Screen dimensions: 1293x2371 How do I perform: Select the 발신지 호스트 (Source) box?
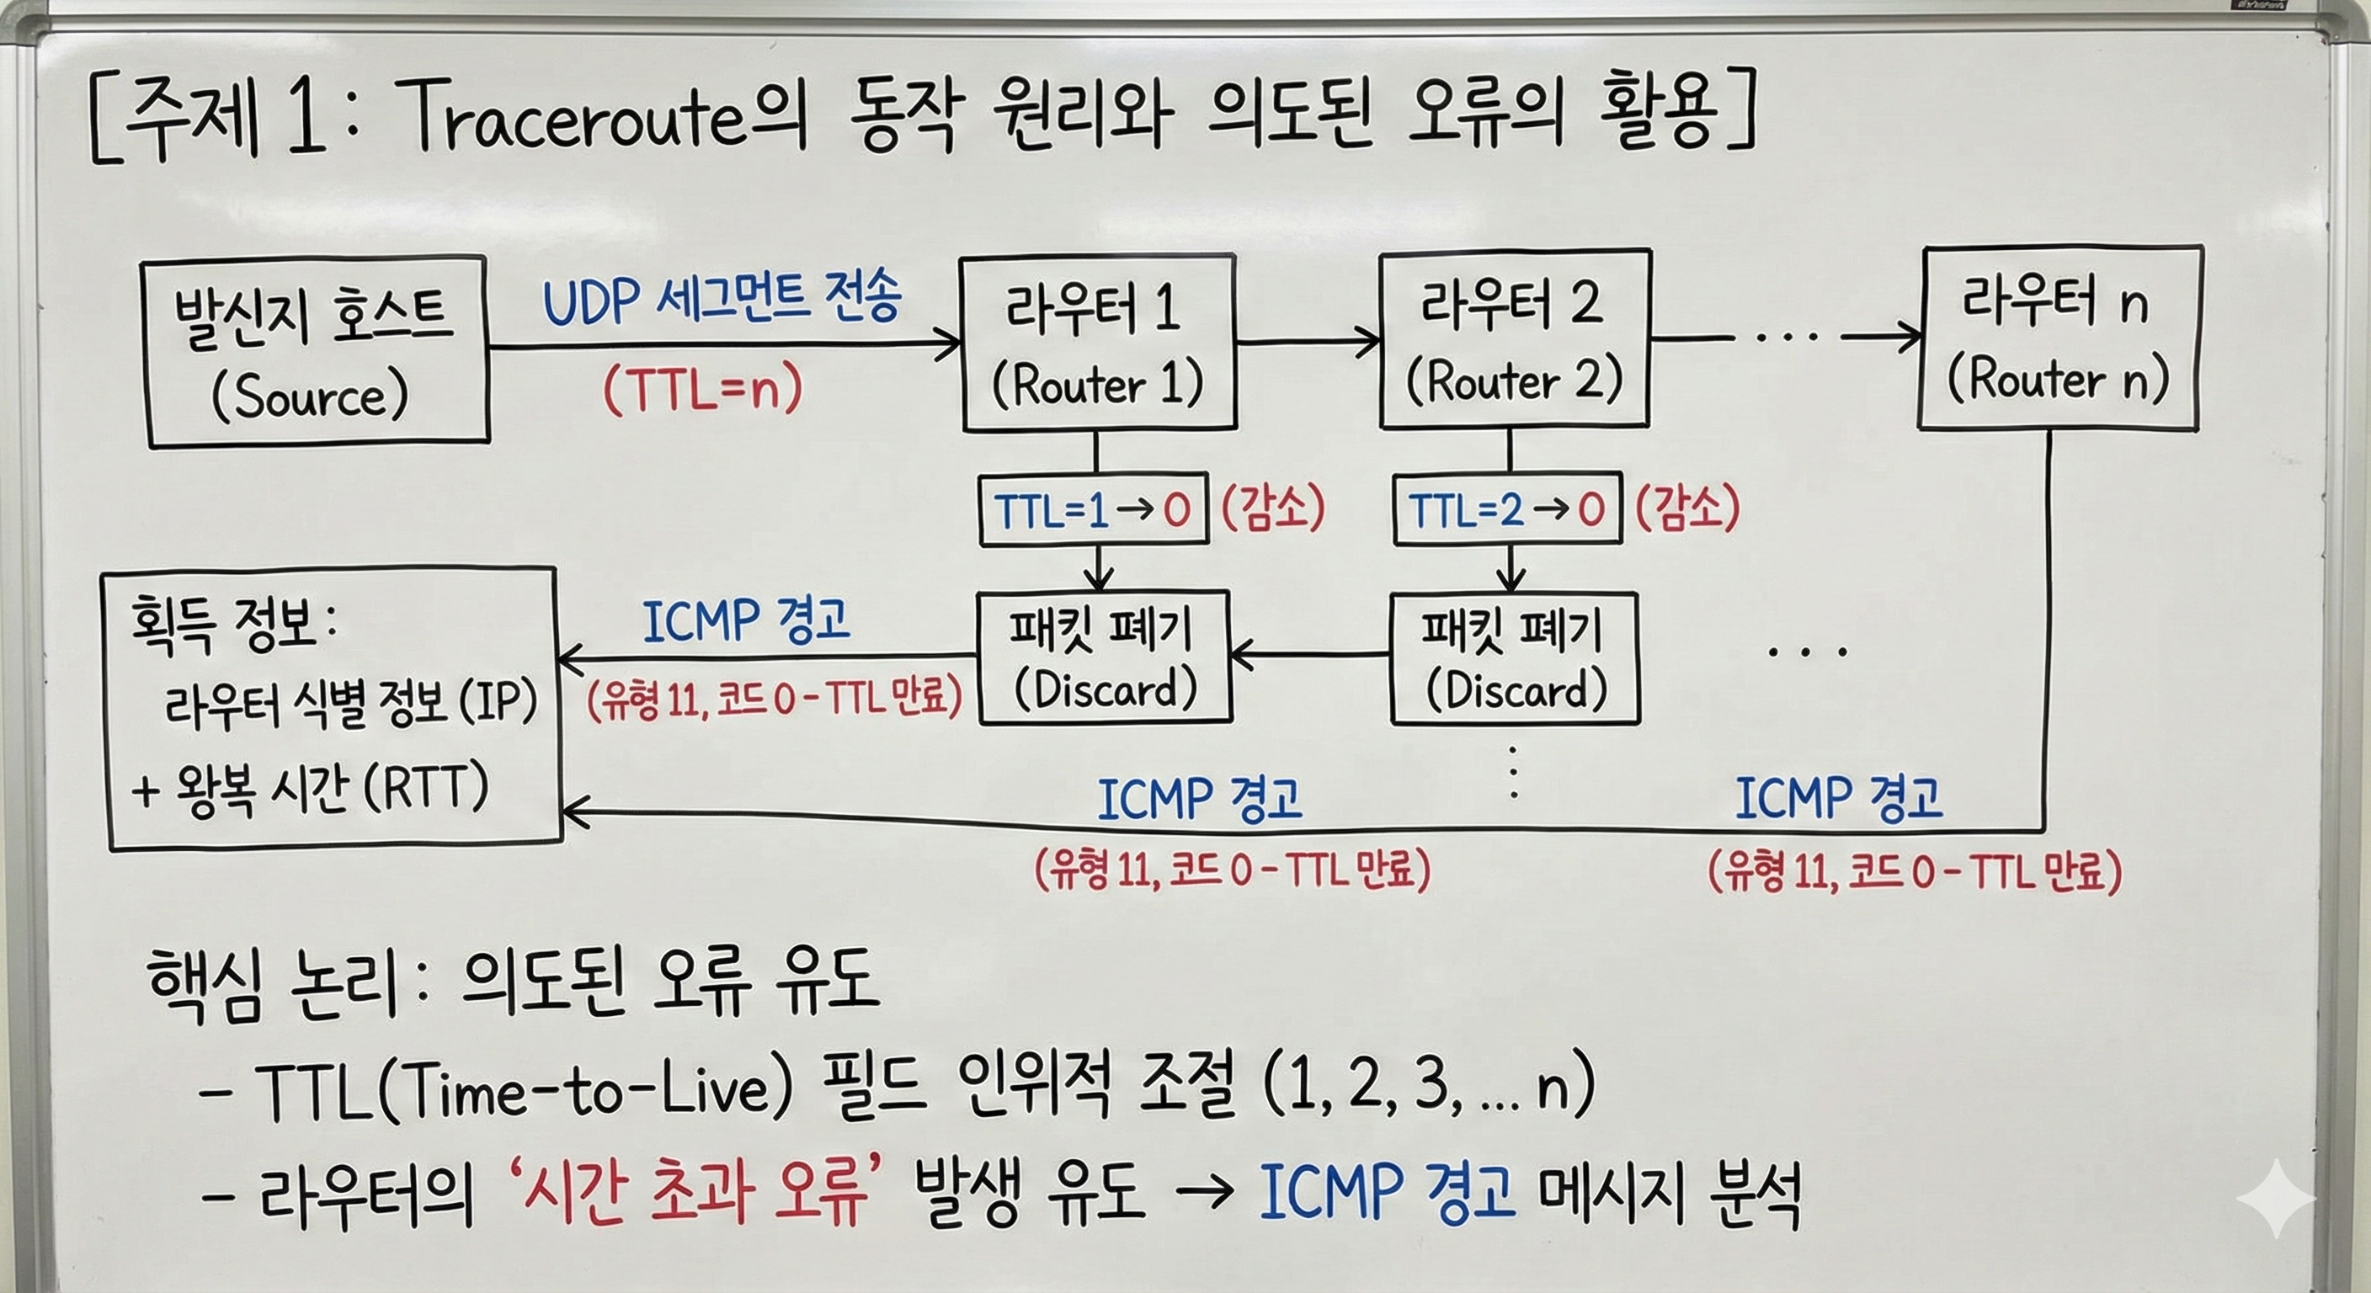tap(315, 352)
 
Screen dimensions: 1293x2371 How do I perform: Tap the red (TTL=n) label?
tap(702, 388)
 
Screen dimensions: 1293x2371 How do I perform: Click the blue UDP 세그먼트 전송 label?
tap(722, 299)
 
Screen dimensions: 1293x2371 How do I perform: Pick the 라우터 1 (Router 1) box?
tap(1097, 343)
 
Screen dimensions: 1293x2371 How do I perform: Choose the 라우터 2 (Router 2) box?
tap(1514, 339)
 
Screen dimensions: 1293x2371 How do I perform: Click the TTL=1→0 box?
tap(1093, 510)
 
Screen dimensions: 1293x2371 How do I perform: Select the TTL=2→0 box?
tap(1507, 509)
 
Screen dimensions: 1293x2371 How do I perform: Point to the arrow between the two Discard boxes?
tap(1308, 655)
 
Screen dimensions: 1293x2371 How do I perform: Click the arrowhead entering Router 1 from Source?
tap(948, 345)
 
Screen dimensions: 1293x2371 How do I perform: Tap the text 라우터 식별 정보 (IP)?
tap(349, 705)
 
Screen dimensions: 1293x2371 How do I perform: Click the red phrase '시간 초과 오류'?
tap(689, 1194)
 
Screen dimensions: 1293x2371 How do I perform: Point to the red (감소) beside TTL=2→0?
tap(1687, 507)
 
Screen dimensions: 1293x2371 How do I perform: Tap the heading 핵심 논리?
tap(271, 982)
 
